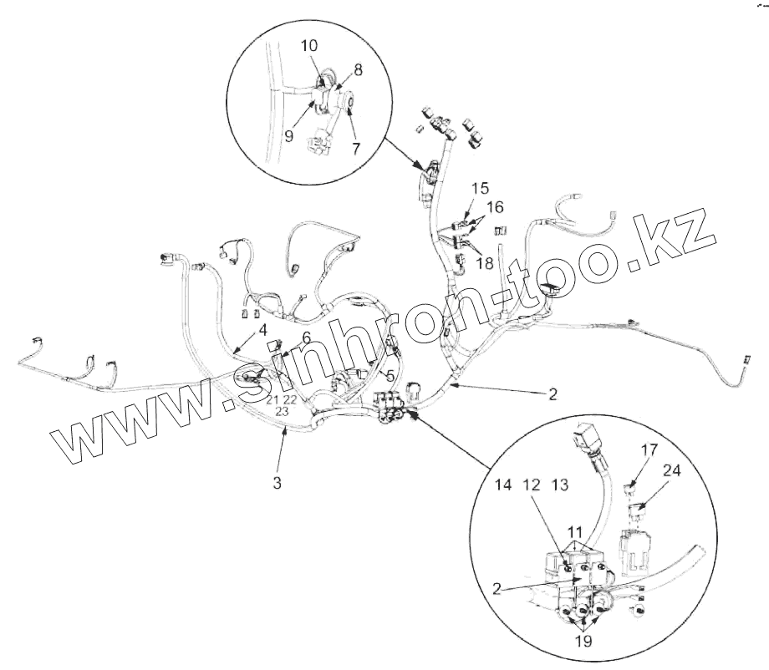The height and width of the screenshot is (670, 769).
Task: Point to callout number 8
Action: coord(358,73)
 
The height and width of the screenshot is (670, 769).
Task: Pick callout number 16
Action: coord(497,206)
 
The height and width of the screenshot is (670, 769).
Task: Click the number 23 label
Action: coord(282,412)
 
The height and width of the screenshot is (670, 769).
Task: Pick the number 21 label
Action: coord(272,400)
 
